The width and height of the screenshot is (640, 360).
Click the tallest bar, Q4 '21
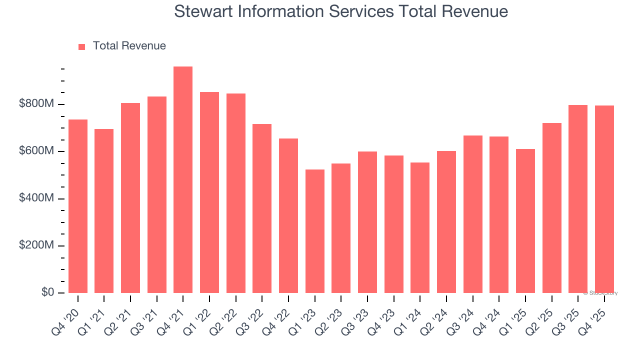click(183, 180)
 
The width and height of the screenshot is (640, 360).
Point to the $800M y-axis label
click(36, 104)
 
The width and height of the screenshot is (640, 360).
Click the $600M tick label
click(36, 151)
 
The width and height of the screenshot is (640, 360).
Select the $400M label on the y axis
click(36, 198)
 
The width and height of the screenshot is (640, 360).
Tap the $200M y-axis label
click(36, 245)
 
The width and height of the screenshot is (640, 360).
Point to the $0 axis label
click(48, 292)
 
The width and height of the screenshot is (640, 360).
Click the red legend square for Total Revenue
click(82, 46)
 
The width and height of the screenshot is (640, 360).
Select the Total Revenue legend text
click(129, 46)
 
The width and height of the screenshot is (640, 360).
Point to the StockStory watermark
click(600, 293)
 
